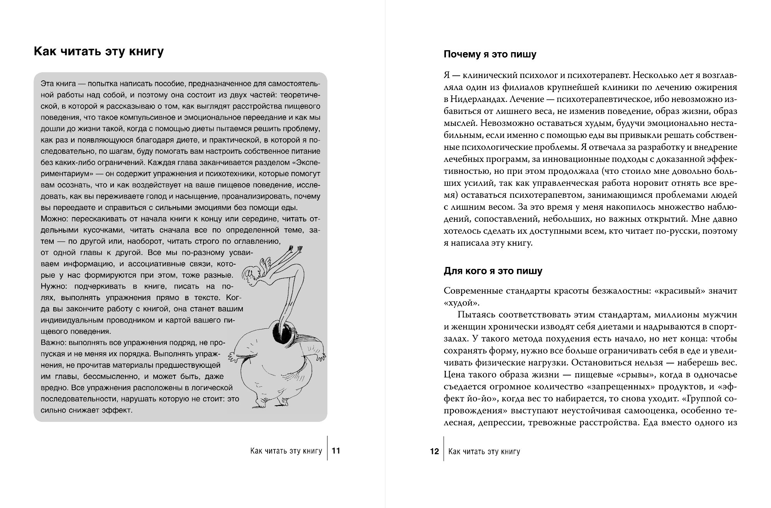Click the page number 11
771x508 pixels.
(x=336, y=450)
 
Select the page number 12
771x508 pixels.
(x=434, y=451)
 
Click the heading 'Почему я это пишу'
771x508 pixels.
(x=490, y=54)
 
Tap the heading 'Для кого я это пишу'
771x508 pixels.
(x=493, y=271)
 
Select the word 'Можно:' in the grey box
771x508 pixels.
(x=53, y=219)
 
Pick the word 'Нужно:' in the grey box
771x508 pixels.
(x=53, y=286)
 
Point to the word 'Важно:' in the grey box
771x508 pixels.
(x=53, y=342)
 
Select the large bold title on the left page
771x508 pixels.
(x=99, y=52)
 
